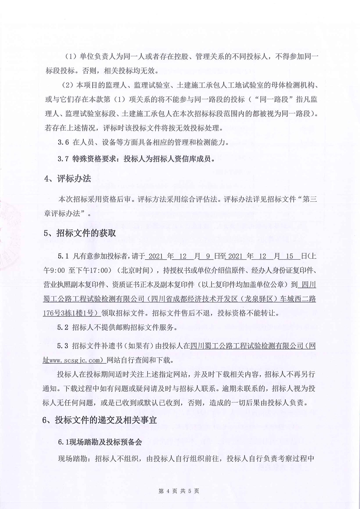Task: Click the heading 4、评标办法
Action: point(67,179)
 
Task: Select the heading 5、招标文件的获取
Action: point(80,234)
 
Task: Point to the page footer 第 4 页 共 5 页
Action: point(180,491)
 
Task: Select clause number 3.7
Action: point(63,159)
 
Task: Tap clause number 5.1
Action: point(63,256)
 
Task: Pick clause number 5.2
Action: point(63,327)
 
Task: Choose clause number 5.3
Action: point(63,346)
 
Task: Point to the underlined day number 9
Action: point(208,256)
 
